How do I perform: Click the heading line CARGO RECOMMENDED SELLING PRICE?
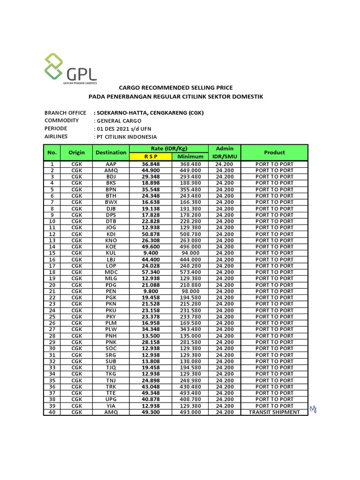coord(176,88)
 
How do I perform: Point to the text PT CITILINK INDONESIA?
coord(126,137)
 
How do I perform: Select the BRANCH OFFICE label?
coord(65,113)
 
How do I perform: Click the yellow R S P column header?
coord(151,157)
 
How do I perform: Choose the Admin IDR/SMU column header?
coord(225,152)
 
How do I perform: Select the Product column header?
coord(274,152)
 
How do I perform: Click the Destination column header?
coord(111,152)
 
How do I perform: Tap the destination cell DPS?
coord(111,215)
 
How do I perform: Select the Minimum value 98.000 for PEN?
coord(190,291)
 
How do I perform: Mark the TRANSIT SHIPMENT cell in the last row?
coord(274,412)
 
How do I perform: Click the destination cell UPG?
coord(111,399)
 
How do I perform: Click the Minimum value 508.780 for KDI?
coord(190,234)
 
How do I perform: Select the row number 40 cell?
coord(52,412)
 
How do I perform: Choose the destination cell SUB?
coord(111,361)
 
